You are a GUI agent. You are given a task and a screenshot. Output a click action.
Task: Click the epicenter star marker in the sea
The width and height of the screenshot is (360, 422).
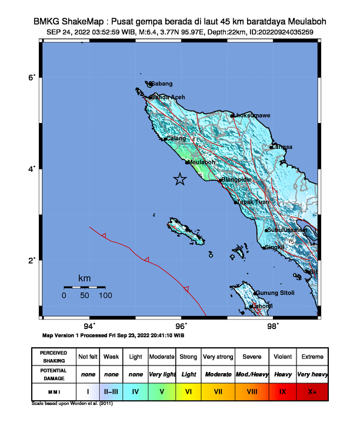click(179, 180)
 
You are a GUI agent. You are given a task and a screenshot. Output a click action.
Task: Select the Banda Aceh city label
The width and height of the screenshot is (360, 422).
click(168, 97)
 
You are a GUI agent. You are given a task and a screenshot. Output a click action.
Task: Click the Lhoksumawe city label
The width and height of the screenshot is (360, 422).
click(252, 115)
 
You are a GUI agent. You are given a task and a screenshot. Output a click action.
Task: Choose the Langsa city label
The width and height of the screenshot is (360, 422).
click(282, 147)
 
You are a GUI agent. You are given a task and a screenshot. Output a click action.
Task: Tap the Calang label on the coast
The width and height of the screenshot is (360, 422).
click(175, 138)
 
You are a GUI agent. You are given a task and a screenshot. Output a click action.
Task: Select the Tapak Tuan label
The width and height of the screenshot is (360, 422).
click(253, 202)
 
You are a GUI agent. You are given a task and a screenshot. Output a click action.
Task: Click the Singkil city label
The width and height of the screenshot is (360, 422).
click(274, 247)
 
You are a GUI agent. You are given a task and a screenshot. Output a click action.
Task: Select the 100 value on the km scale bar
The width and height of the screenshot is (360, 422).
click(105, 295)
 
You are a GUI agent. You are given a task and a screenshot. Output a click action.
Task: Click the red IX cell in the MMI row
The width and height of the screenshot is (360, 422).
click(282, 390)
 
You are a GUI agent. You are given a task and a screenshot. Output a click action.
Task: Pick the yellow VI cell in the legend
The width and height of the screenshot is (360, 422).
click(189, 390)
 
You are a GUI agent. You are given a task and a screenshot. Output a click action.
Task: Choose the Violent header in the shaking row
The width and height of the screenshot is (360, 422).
click(282, 357)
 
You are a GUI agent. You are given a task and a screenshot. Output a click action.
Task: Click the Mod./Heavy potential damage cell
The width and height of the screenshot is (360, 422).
click(251, 374)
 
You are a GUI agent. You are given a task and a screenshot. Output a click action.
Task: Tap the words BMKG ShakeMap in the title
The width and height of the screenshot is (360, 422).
click(63, 21)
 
